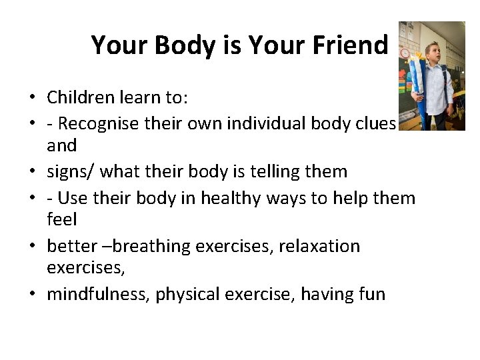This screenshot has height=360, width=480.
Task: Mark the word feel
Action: click(x=62, y=219)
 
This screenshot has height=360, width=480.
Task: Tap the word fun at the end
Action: click(x=371, y=294)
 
